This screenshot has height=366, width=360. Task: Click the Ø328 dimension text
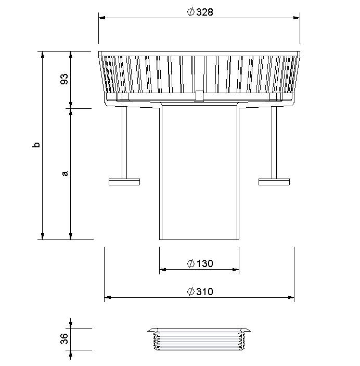pyautogui.click(x=200, y=12)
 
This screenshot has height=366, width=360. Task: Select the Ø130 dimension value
pyautogui.click(x=200, y=264)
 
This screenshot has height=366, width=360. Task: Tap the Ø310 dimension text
pyautogui.click(x=200, y=292)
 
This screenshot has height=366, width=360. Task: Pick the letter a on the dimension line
pyautogui.click(x=65, y=173)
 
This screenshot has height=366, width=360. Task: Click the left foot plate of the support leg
pyautogui.click(x=124, y=182)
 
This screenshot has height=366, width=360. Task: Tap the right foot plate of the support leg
pyautogui.click(x=274, y=182)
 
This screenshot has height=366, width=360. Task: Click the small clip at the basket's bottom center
pyautogui.click(x=199, y=96)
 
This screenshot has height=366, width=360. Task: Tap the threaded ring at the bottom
pyautogui.click(x=199, y=339)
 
